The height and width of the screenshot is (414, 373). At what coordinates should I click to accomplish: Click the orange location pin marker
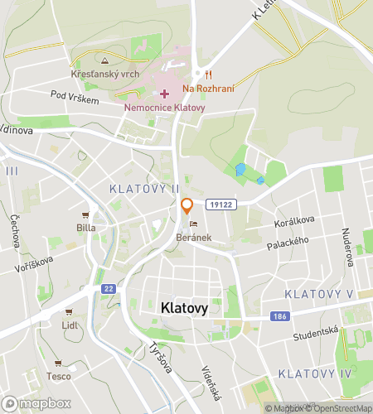click(187, 206)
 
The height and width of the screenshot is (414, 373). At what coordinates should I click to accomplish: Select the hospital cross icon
click(164, 94)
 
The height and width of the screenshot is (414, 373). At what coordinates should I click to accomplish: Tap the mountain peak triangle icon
click(104, 60)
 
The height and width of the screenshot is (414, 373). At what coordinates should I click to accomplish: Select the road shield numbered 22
click(109, 288)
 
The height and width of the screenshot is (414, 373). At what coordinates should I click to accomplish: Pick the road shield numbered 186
click(279, 316)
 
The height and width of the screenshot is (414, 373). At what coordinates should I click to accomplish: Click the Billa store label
click(85, 227)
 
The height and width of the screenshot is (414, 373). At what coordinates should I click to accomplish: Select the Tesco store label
click(58, 376)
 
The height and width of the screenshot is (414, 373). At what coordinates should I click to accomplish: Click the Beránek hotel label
click(193, 237)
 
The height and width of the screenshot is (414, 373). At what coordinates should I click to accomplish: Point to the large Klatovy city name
click(183, 307)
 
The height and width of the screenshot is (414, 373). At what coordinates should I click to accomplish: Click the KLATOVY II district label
click(144, 189)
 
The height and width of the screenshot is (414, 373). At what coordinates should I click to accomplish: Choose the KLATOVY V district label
click(318, 295)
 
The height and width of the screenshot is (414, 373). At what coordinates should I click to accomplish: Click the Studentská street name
click(315, 334)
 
